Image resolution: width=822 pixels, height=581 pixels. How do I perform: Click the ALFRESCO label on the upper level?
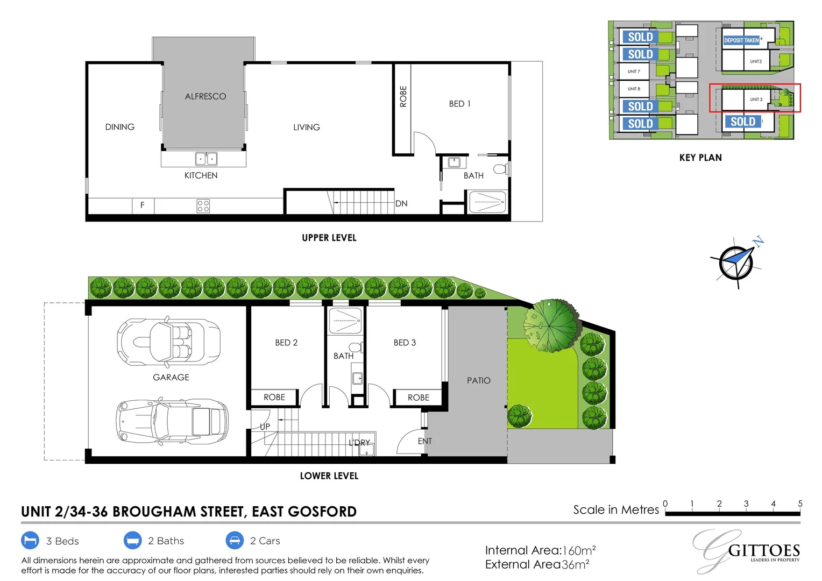tap(205, 96)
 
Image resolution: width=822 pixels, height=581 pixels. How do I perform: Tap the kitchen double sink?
tap(206, 159)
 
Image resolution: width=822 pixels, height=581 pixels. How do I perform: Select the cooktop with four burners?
tap(203, 206)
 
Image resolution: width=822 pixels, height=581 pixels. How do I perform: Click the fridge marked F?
tap(143, 206)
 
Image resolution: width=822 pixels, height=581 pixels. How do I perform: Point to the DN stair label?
tap(401, 203)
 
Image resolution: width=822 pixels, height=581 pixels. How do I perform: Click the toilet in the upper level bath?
tap(500, 169)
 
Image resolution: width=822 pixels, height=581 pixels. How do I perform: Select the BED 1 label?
tap(459, 104)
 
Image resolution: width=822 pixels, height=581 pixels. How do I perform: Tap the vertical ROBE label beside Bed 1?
tap(403, 96)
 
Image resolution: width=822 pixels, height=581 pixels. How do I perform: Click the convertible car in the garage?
tap(168, 342)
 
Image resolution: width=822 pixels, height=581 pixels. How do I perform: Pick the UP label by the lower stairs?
tap(265, 427)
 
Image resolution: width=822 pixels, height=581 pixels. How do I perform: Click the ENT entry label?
tap(424, 441)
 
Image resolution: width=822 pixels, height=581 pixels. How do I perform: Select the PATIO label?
tap(479, 380)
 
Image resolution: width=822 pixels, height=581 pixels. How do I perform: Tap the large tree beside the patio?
tap(551, 325)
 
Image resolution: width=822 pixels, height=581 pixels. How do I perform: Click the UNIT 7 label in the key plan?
tap(634, 72)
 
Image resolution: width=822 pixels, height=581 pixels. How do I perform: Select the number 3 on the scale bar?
tap(746, 504)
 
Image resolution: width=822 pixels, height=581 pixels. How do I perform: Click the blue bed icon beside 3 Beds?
tap(30, 540)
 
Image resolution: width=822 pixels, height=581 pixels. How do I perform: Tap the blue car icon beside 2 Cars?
tap(235, 540)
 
